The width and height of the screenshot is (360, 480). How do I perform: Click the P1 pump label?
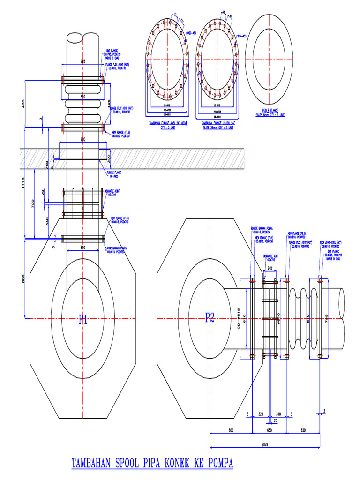click(83, 320)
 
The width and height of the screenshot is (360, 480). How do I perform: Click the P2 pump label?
click(210, 318)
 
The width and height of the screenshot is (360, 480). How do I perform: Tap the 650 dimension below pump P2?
click(270, 430)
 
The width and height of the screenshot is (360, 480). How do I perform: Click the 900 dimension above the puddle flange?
click(82, 140)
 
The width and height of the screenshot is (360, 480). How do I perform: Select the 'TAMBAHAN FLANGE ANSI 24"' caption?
click(167, 123)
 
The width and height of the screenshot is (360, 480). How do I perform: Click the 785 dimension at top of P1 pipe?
click(82, 61)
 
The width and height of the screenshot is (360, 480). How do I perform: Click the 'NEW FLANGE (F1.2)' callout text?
click(120, 132)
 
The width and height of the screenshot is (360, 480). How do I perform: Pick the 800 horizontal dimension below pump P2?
click(230, 430)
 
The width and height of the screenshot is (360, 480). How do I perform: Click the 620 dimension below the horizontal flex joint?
click(303, 430)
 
